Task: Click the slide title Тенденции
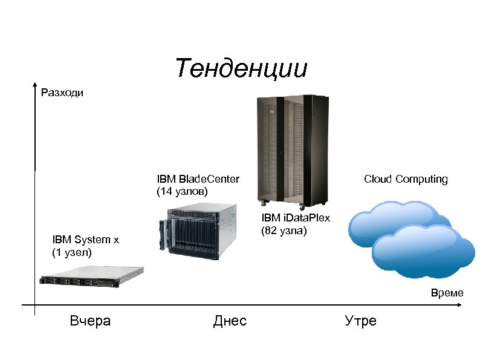pos(241,68)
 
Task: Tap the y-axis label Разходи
pos(62,93)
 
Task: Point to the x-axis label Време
pos(447,293)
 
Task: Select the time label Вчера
pos(90,321)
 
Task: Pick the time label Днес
pos(230,321)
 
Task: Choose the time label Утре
pos(360,321)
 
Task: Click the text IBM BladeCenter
pos(198,179)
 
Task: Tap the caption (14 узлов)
pos(182,191)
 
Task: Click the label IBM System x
pos(85,240)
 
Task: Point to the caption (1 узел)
pos(72,252)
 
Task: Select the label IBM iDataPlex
pos(296,218)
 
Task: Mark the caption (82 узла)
pos(284,231)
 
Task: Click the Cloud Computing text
pos(406,179)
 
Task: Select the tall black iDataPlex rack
pos(293,148)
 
